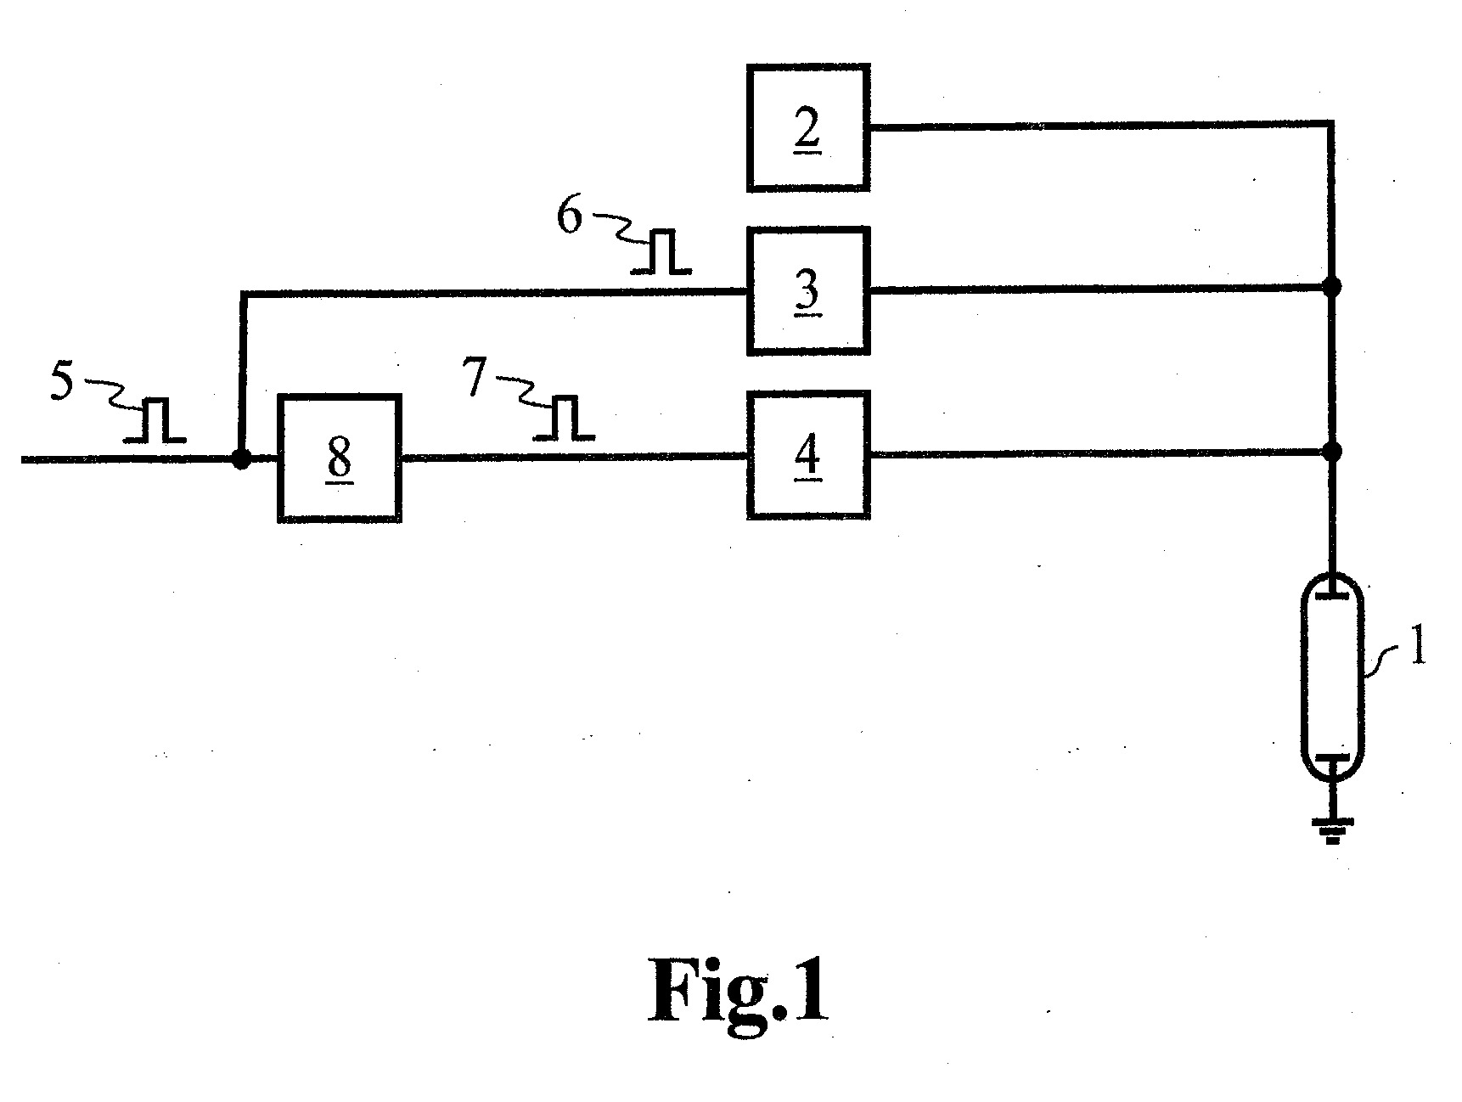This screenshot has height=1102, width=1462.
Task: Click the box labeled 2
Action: pos(807,127)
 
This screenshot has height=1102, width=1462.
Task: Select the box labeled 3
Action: pos(807,291)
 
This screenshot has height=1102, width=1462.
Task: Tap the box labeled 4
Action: pos(807,455)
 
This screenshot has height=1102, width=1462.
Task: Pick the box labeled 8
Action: pos(339,458)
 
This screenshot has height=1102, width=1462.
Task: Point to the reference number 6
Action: pos(570,216)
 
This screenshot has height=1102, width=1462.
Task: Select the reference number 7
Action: pos(476,380)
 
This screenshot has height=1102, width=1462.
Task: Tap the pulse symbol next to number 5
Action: pos(155,421)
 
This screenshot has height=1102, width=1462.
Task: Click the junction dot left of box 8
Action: pos(241,459)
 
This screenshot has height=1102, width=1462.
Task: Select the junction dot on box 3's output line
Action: pos(1332,287)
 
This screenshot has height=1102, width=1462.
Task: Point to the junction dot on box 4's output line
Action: pos(1332,452)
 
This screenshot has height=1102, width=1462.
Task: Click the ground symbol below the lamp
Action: pos(1332,829)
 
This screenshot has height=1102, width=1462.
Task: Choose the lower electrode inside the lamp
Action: pos(1332,756)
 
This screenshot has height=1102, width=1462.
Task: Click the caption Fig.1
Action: pos(739,991)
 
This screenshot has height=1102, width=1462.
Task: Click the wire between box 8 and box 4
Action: pos(574,458)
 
